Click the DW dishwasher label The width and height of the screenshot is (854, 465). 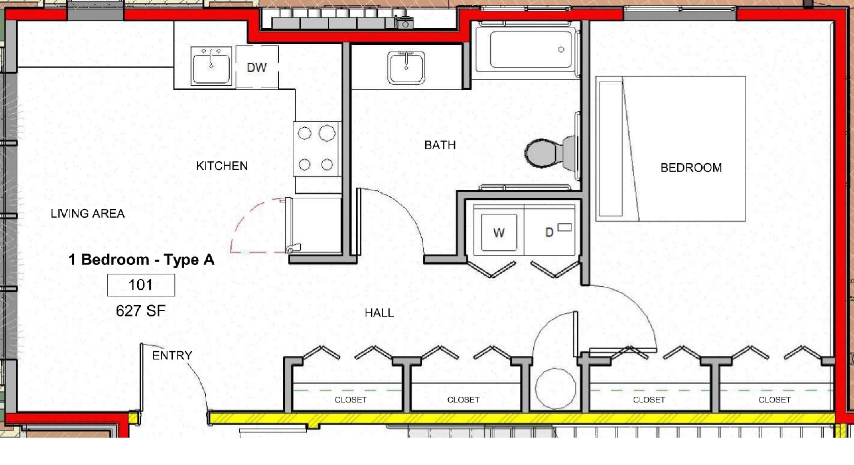(257, 68)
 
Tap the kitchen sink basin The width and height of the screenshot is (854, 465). (211, 66)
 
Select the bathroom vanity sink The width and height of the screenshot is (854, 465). (406, 67)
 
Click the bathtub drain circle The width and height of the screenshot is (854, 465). (561, 50)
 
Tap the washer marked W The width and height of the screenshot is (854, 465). (499, 232)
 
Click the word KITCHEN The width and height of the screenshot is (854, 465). (222, 166)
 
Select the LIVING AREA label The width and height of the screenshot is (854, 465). (87, 213)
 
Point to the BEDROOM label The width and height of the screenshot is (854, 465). (691, 168)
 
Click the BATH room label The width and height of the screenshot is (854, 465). (440, 145)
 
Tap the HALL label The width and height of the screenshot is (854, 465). (379, 313)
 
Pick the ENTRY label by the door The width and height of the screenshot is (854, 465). (172, 356)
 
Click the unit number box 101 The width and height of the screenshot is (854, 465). (141, 285)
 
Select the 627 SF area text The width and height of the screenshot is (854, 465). (141, 311)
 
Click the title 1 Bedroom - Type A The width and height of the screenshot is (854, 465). (141, 260)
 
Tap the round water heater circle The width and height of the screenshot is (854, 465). (556, 388)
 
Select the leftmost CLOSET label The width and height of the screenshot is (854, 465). (351, 400)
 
